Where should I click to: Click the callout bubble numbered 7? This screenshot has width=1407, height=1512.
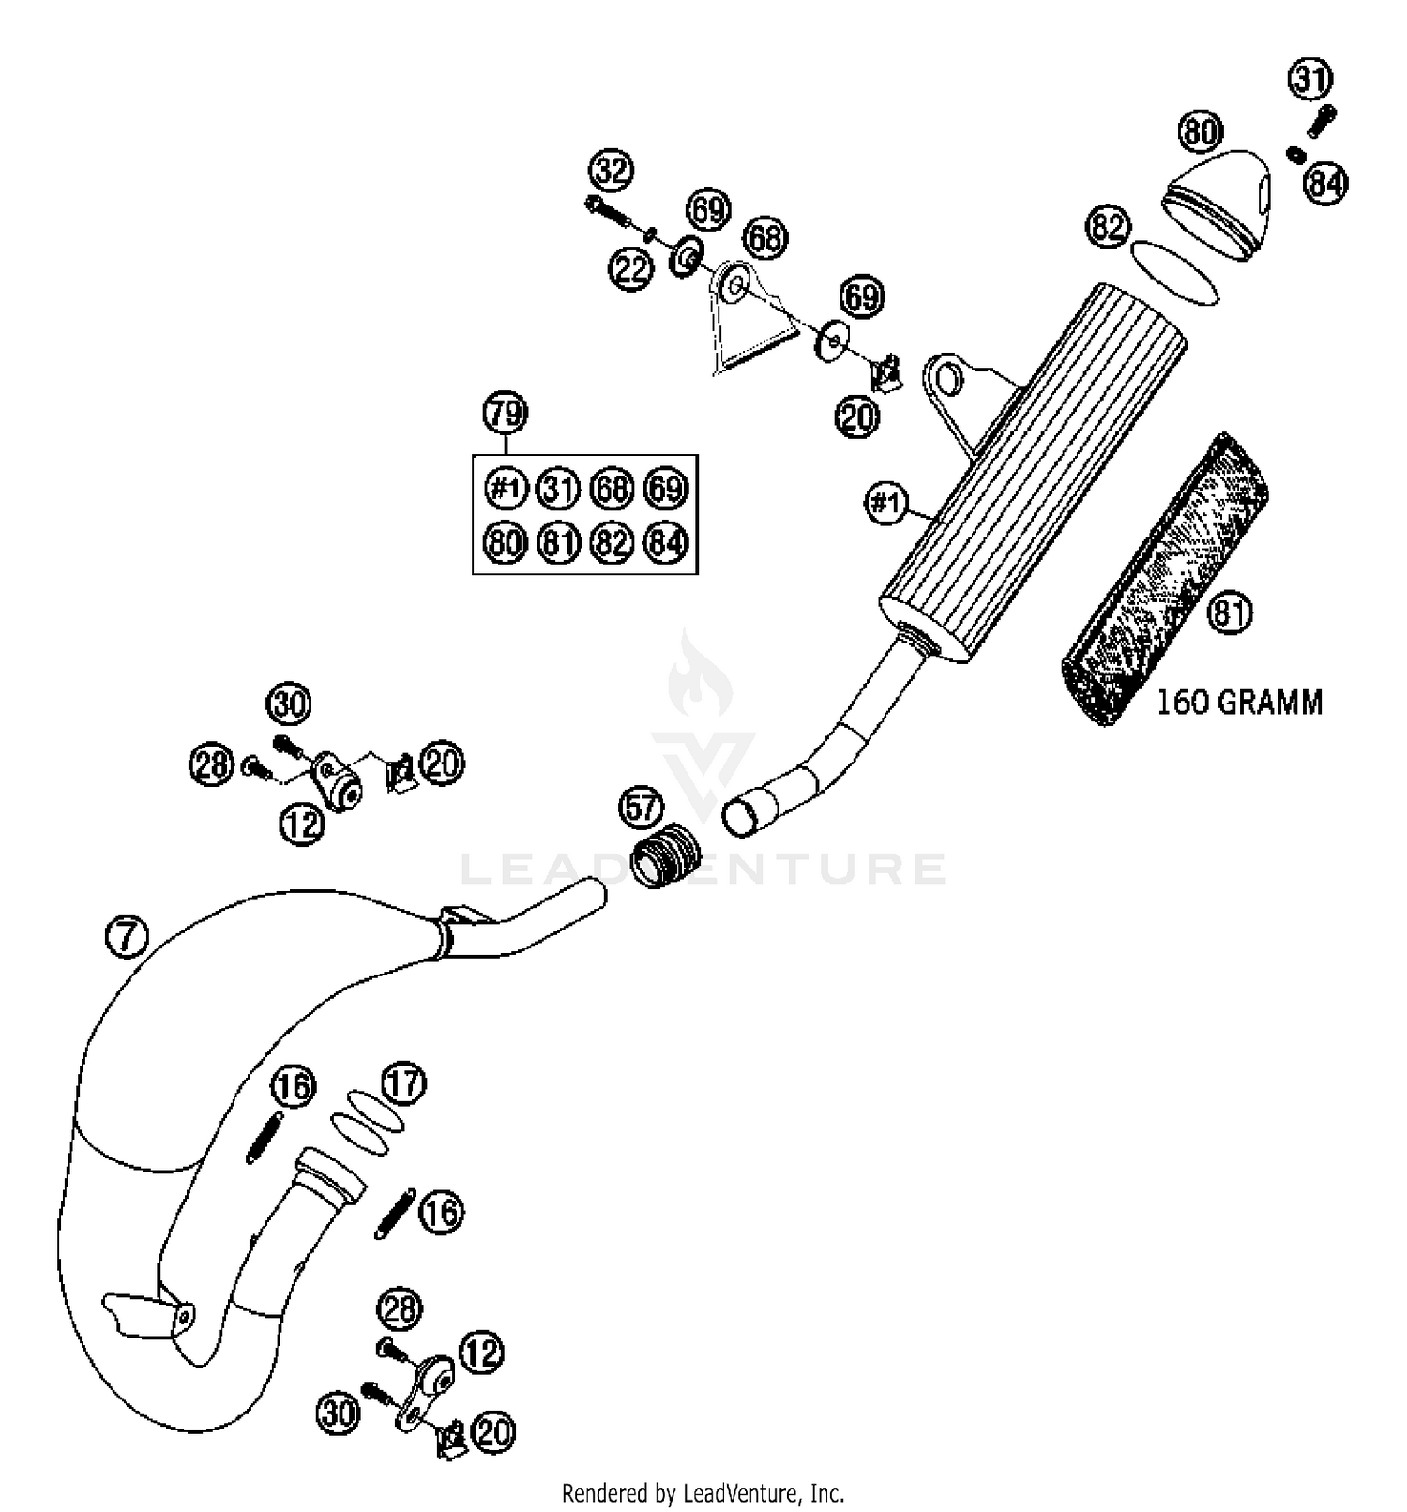[128, 937]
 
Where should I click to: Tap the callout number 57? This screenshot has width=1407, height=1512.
[641, 808]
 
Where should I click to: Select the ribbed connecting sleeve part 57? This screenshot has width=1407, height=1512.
[666, 855]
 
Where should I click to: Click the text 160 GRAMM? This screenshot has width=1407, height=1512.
[1239, 702]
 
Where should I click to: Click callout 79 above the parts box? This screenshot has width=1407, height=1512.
[506, 413]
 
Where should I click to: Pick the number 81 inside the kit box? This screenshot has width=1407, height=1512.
[559, 542]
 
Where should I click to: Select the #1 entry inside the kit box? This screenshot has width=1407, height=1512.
[506, 489]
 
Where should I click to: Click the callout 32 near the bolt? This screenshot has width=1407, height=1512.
[612, 171]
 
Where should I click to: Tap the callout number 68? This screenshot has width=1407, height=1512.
[765, 238]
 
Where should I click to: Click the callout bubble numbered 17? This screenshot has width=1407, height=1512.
[404, 1083]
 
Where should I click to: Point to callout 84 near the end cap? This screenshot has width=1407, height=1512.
[1325, 184]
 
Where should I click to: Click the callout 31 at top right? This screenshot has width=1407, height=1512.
[1310, 79]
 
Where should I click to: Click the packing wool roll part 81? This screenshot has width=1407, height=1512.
[1163, 582]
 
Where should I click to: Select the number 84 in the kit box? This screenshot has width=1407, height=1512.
[666, 542]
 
